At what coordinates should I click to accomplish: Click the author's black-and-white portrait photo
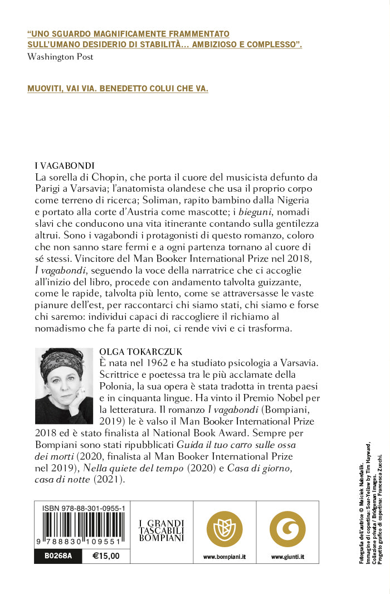point(64,378)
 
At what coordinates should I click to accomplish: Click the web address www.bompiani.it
point(225,557)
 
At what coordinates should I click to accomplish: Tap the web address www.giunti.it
point(287,557)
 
